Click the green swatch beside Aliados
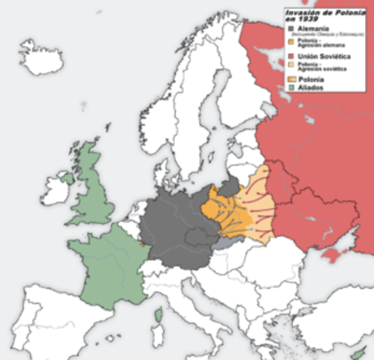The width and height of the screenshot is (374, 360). (291, 88)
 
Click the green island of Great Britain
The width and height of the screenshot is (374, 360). (94, 187)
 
